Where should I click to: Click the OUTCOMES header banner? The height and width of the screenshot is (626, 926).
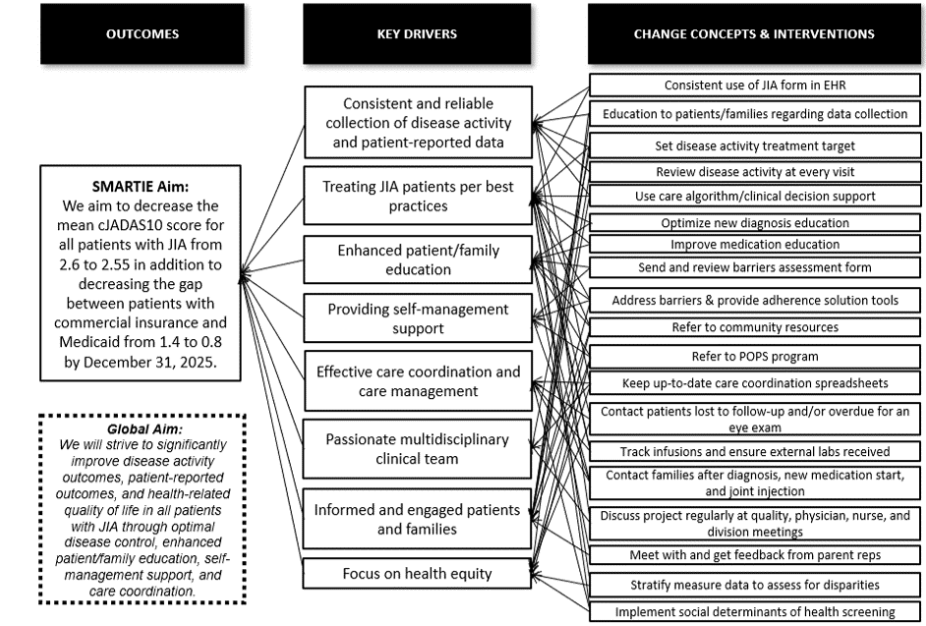(x=143, y=34)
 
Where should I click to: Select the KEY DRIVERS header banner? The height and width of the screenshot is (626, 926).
(x=417, y=34)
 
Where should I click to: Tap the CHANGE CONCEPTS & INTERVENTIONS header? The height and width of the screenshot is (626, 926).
(x=754, y=34)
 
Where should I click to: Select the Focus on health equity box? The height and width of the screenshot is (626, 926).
(x=417, y=573)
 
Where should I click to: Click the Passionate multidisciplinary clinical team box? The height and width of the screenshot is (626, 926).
(x=417, y=448)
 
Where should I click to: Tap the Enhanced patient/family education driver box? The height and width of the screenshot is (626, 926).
(x=417, y=259)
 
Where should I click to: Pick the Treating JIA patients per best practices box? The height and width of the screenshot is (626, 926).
(x=417, y=195)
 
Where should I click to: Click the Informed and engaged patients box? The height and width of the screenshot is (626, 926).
(x=417, y=519)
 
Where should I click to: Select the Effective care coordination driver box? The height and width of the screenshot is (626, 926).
(x=417, y=381)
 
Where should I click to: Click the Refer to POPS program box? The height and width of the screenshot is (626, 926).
(x=754, y=357)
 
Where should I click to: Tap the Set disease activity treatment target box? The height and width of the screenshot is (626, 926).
(x=754, y=146)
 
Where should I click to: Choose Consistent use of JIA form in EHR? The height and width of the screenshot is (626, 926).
(x=754, y=85)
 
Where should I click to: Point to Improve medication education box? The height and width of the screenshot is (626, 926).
(x=754, y=244)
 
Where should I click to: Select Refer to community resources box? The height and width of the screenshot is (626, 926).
(x=754, y=327)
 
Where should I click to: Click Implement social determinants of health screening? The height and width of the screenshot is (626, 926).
(x=754, y=611)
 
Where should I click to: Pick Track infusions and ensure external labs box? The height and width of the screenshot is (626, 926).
(x=754, y=451)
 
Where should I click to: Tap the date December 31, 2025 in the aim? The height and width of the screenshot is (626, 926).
(x=156, y=363)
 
